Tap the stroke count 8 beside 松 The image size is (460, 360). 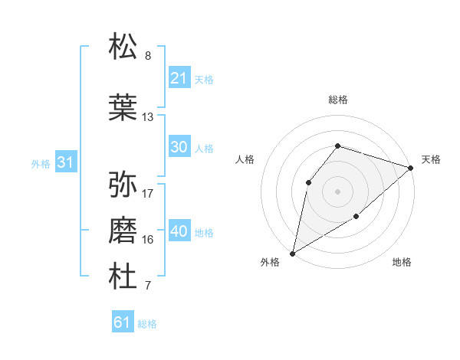point(148,56)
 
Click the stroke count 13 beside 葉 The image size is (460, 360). point(148,117)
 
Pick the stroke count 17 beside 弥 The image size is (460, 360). point(148,193)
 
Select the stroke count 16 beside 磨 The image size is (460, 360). point(148,240)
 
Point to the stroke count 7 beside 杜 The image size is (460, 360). point(148,286)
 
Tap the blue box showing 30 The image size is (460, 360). point(179,147)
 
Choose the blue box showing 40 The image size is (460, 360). point(179,231)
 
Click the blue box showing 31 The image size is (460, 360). point(65,162)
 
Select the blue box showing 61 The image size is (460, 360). point(122,322)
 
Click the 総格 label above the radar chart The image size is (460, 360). point(337,100)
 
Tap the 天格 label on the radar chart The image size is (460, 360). point(431,159)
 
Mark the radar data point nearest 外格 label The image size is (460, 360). point(292,253)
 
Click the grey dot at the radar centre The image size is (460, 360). point(337,191)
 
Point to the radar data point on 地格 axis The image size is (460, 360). point(356,218)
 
